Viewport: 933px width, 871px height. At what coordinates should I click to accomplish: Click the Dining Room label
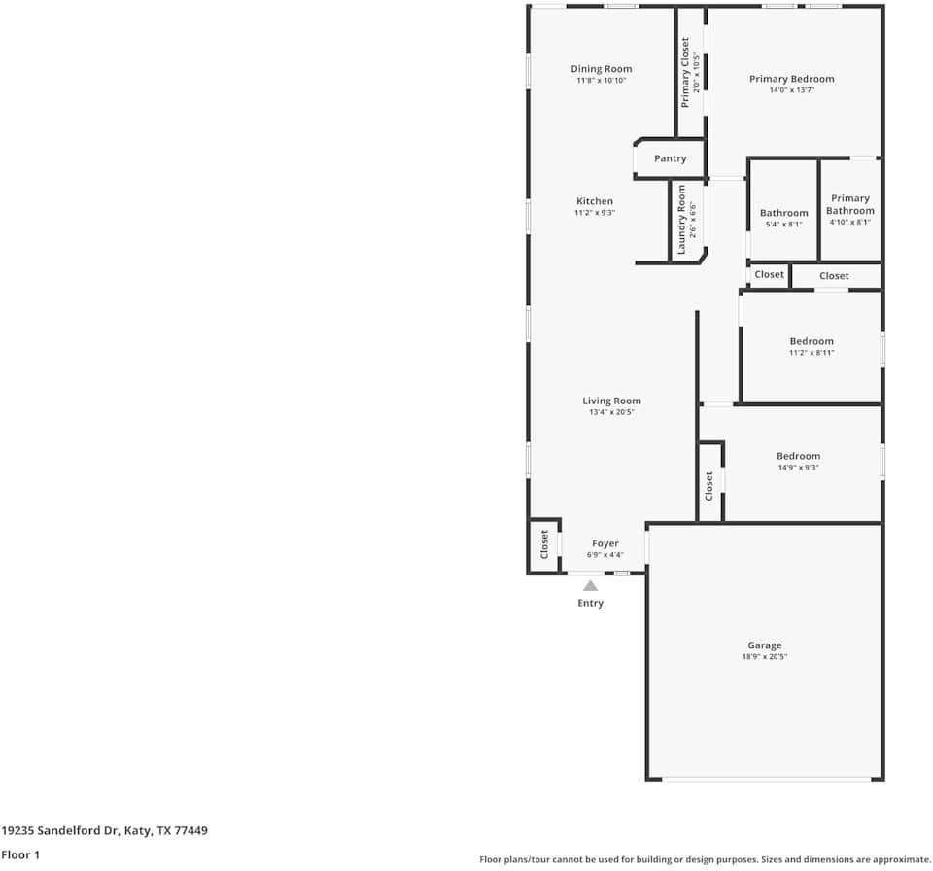(601, 69)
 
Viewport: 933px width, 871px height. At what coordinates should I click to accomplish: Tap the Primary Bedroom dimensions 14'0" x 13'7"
(791, 90)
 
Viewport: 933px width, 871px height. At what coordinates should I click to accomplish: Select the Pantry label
(670, 159)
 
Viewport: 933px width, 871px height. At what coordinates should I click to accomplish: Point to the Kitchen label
(595, 201)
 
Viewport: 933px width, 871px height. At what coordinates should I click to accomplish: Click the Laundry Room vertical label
(681, 219)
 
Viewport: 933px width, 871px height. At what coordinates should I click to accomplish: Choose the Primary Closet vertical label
(685, 73)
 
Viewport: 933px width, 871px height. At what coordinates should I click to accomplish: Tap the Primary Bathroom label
(850, 204)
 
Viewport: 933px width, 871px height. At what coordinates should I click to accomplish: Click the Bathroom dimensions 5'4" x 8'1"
(783, 225)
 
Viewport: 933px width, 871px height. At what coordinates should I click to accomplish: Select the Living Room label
(611, 401)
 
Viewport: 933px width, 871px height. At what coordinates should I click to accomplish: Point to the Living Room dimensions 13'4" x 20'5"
(611, 412)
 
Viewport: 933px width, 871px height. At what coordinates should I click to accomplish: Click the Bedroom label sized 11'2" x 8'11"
(812, 341)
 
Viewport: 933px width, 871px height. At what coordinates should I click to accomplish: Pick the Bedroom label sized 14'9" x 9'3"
(799, 456)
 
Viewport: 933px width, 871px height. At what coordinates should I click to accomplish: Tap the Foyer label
(605, 543)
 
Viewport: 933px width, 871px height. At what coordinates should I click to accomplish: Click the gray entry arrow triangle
(590, 586)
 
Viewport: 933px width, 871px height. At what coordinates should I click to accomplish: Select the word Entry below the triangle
(590, 603)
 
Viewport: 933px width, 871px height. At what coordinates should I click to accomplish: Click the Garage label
(765, 645)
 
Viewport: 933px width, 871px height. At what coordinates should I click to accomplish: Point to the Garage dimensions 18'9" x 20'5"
(765, 657)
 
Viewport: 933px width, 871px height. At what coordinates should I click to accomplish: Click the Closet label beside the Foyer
(544, 544)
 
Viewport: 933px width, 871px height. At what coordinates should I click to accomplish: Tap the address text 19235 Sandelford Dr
(59, 830)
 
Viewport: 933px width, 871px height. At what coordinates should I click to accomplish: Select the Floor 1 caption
(20, 854)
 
